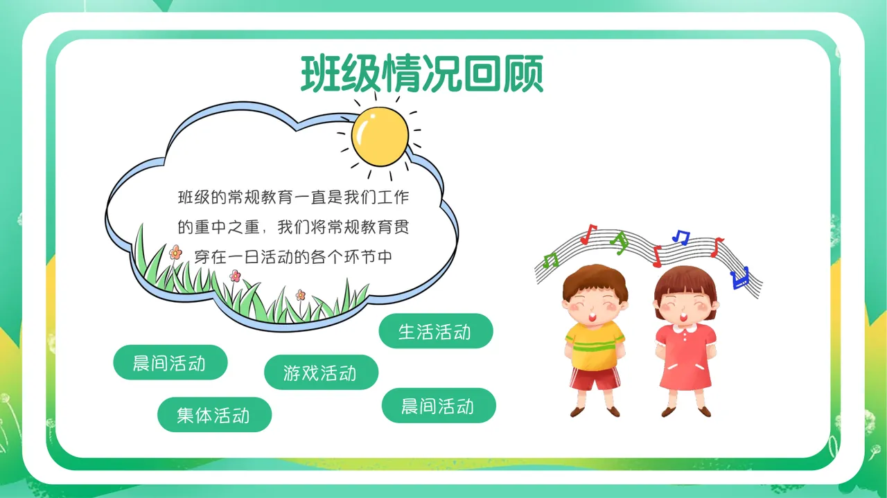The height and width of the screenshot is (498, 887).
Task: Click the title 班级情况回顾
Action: pos(421,73)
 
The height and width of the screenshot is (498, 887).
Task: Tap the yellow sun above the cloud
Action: pos(380,135)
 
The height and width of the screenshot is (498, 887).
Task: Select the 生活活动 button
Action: pos(435,331)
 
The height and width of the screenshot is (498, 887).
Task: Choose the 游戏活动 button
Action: pos(321,373)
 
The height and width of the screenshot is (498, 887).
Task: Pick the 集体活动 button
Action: pos(214,415)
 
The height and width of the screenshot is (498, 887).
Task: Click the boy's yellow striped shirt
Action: pos(595,345)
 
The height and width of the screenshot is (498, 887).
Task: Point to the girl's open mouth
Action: pos(685,315)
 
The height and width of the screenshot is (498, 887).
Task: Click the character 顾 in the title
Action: pos(523,73)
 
